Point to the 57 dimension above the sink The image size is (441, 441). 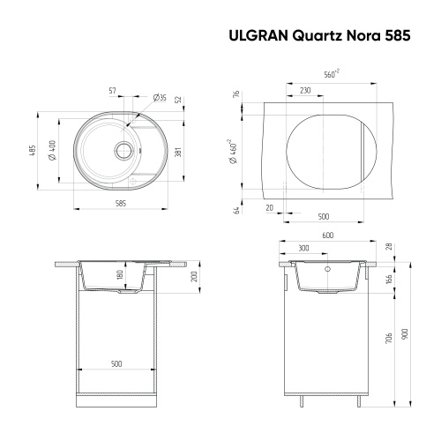[112, 90]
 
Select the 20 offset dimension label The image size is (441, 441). [269, 209]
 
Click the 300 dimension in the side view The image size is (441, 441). [303, 249]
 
